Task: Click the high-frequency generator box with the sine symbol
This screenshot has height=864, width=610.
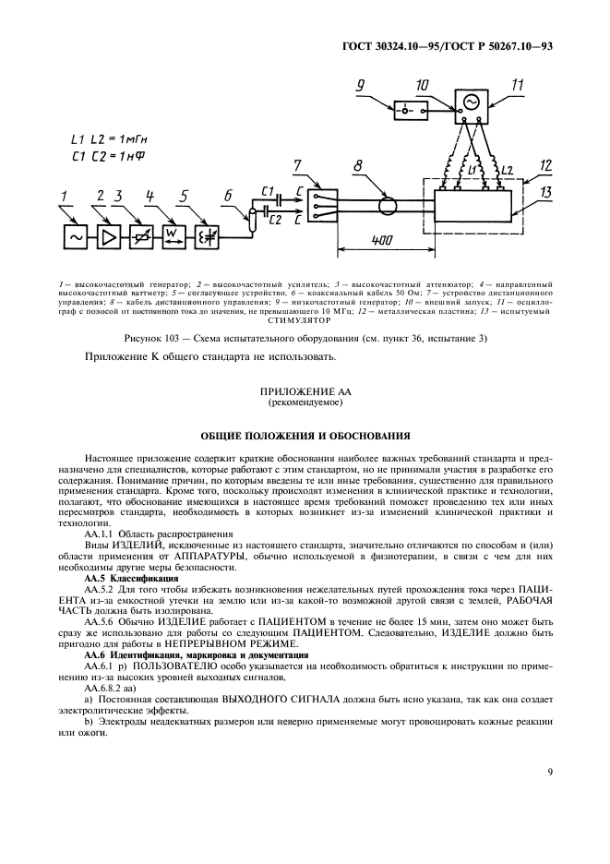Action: tap(75, 237)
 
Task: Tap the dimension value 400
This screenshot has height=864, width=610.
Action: tap(378, 239)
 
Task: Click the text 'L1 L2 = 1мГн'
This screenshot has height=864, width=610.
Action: tap(107, 139)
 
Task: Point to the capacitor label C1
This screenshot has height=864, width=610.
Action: tap(268, 191)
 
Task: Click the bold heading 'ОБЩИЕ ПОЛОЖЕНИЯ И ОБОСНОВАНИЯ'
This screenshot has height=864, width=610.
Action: tap(304, 434)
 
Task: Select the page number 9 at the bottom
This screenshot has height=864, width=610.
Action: tap(550, 772)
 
